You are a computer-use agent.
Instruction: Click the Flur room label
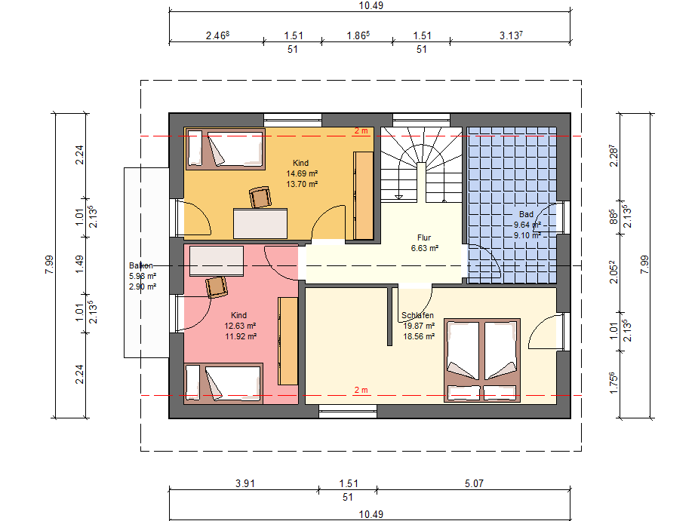click(424, 238)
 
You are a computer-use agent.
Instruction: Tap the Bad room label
click(526, 214)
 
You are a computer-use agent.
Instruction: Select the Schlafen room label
click(417, 315)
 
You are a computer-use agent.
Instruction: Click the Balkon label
click(141, 265)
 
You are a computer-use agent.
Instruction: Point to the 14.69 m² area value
click(302, 173)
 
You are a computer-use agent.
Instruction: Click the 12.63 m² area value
click(240, 326)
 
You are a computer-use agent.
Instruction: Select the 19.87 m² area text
click(419, 326)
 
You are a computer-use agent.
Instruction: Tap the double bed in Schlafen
click(482, 360)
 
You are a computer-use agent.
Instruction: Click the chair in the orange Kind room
click(260, 198)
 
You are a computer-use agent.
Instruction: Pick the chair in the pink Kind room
click(217, 287)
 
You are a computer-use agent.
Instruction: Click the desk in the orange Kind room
click(260, 224)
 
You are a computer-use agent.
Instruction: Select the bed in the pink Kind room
click(223, 384)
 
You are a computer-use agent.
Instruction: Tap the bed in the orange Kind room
click(226, 149)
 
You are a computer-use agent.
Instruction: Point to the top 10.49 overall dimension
click(371, 5)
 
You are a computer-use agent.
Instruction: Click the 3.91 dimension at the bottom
click(245, 483)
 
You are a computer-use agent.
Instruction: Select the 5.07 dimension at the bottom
click(474, 483)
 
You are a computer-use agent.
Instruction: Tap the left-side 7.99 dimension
click(49, 265)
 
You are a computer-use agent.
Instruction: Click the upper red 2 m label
click(361, 130)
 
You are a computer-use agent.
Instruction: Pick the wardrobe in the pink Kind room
click(288, 341)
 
